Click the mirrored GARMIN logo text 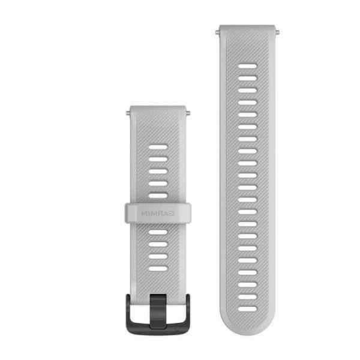[158, 213]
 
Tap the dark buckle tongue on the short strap [158, 311]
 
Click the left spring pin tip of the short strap [128, 113]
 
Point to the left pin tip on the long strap [217, 32]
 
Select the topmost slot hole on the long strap [247, 66]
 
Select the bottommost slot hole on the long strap [247, 309]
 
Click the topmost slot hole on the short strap [158, 147]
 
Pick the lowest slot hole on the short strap [158, 268]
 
